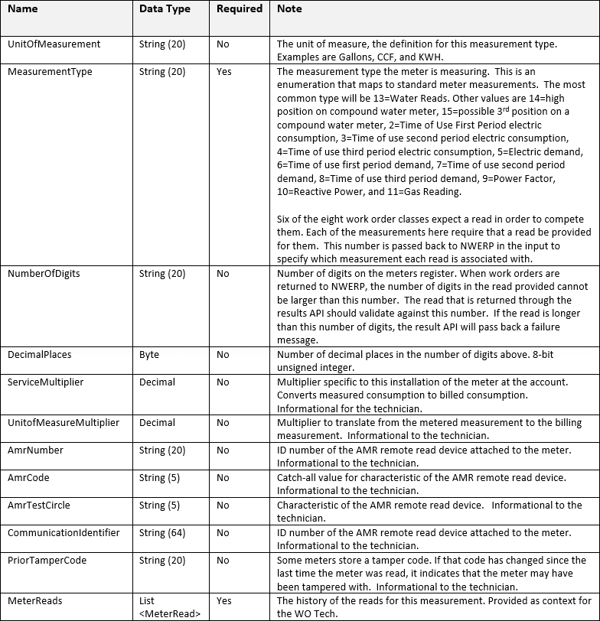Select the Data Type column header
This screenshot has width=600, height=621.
[x=164, y=9]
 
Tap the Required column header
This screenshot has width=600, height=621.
[x=239, y=9]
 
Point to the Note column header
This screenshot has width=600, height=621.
[x=289, y=9]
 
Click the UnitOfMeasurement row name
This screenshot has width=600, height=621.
[x=54, y=44]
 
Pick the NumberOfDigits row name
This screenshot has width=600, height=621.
[x=44, y=273]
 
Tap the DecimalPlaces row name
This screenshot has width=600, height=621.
[x=40, y=355]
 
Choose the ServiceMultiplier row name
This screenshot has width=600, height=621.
[x=45, y=382]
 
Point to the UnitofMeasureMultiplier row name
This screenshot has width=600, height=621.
[x=63, y=423]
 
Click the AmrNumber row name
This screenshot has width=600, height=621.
[x=35, y=450]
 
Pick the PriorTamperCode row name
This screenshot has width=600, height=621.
[x=47, y=561]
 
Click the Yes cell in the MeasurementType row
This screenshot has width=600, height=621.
[x=223, y=72]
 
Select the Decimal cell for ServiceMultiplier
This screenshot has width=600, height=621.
[x=157, y=382]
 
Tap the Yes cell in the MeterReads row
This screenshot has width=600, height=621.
[x=223, y=601]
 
